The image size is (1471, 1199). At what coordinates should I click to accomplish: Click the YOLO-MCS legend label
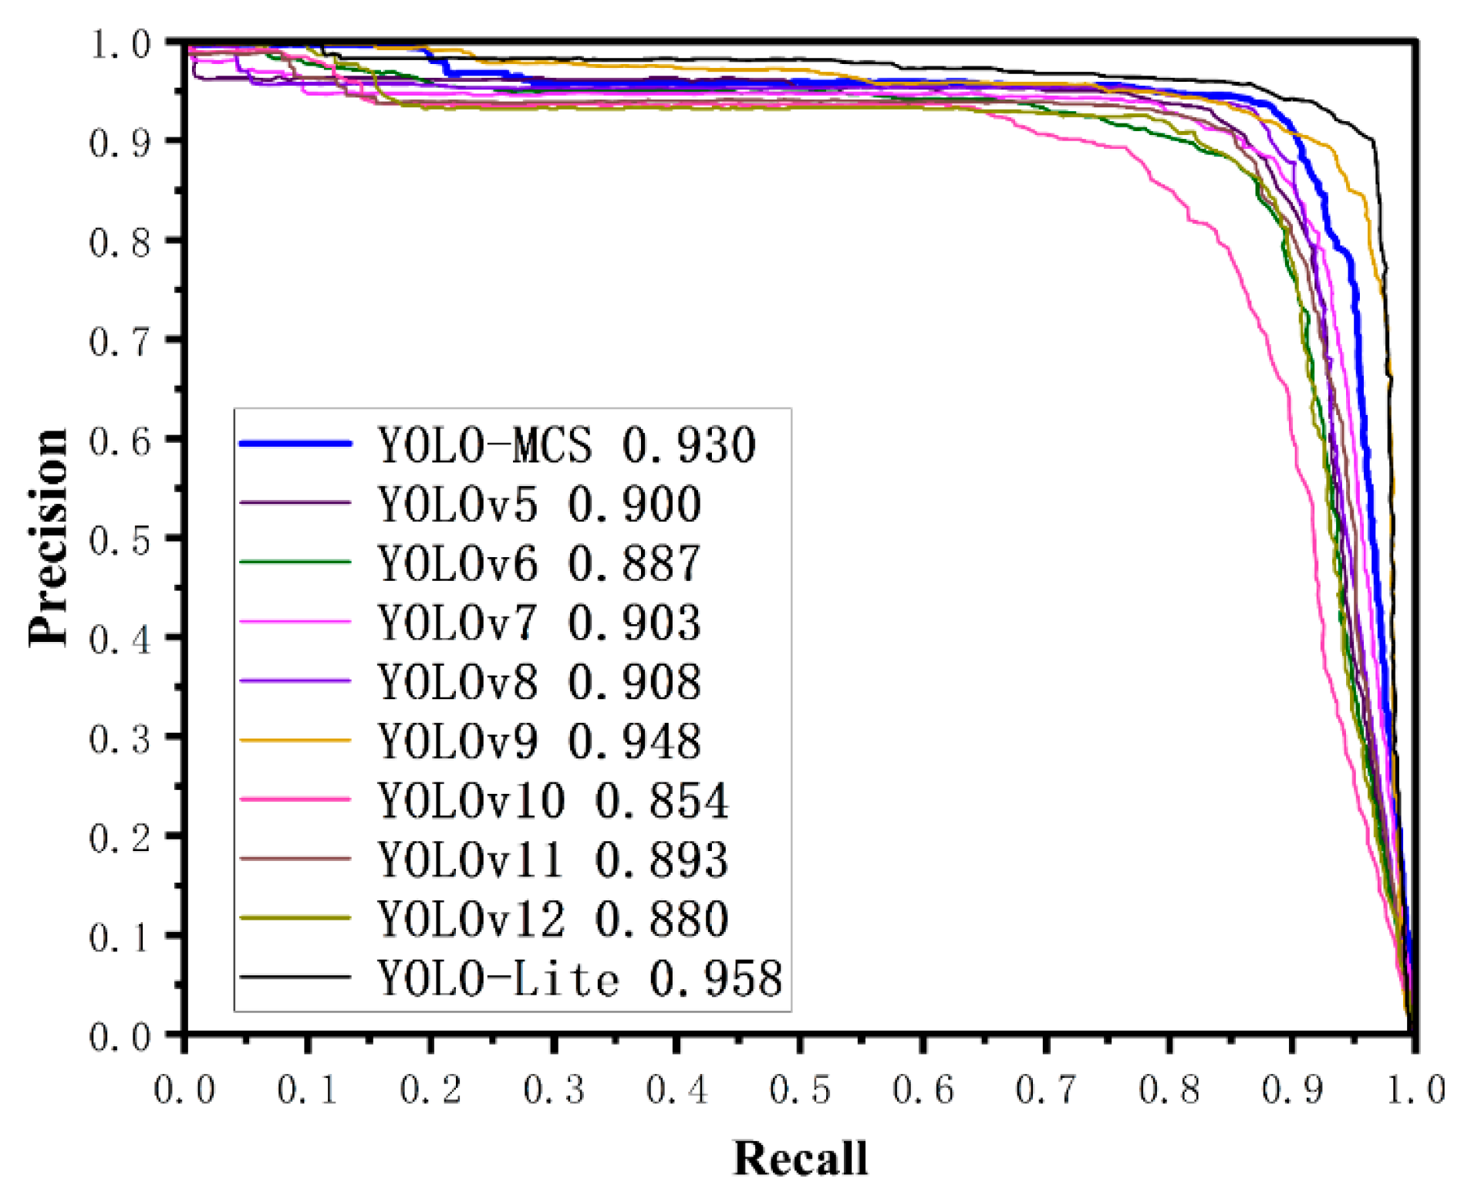tap(484, 445)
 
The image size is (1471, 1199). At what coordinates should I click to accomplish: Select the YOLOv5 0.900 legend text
tap(538, 505)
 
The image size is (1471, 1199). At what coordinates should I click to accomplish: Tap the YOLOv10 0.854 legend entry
tap(552, 800)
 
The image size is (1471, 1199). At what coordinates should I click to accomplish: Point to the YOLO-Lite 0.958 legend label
tap(579, 978)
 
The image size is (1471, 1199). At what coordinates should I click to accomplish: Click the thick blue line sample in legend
tap(295, 444)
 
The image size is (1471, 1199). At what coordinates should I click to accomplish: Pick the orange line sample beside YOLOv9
tap(295, 740)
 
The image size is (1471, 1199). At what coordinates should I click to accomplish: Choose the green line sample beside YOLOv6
tap(295, 562)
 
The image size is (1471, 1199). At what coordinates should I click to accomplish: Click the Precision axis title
tap(48, 537)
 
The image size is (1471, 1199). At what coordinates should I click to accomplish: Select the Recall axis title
tap(799, 1158)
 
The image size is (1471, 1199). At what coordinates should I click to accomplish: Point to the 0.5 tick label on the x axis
tap(799, 1090)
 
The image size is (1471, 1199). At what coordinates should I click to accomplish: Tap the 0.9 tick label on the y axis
tap(120, 142)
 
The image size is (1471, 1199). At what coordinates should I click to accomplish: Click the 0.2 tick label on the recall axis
tap(430, 1090)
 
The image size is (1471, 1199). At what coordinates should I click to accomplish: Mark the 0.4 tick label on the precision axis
tap(120, 639)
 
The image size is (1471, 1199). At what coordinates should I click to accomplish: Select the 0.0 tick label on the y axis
tap(120, 1036)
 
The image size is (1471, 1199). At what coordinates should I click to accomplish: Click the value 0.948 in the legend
tap(634, 741)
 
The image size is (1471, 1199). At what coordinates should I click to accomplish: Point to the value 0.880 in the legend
tap(661, 919)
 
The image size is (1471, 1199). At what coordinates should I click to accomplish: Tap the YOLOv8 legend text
tap(457, 682)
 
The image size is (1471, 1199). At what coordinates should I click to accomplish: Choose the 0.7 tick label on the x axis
tap(1045, 1090)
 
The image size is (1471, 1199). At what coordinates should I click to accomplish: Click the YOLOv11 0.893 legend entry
tap(552, 860)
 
